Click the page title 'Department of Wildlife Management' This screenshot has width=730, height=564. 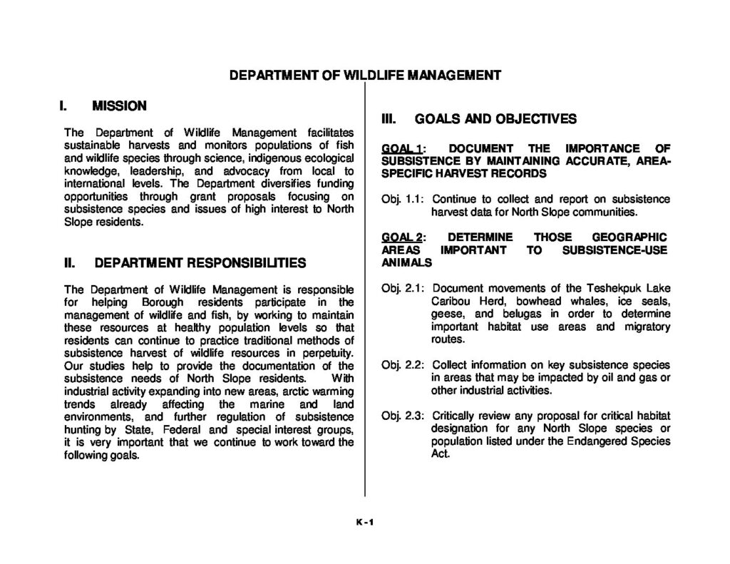(364, 75)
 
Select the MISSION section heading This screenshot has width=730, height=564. (120, 106)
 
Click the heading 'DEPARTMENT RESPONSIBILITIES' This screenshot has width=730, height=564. (200, 262)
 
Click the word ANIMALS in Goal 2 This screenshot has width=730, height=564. (407, 262)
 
